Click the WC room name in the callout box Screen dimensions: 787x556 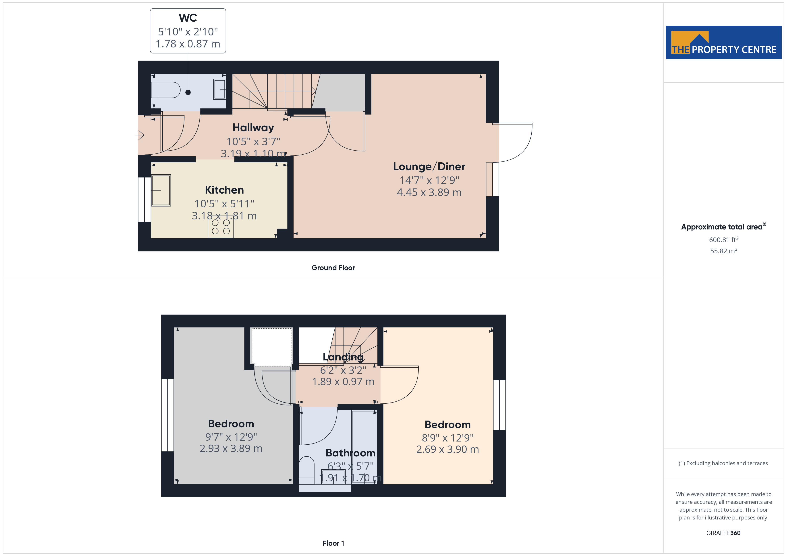point(188,18)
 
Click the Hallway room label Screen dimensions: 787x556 point(253,128)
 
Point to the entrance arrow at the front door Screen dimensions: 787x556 point(139,135)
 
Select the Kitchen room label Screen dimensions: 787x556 point(224,190)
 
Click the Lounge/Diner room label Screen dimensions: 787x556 point(429,167)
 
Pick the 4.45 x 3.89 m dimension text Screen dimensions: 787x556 point(429,192)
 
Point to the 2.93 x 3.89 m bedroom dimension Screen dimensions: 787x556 point(231,448)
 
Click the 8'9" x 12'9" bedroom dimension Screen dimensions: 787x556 point(448,438)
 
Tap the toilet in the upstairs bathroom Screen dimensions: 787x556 point(307,470)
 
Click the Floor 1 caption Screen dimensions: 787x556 point(333,543)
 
